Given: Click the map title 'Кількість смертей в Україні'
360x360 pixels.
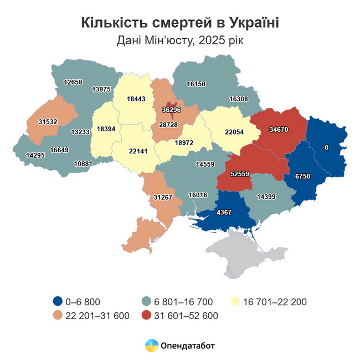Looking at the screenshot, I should coord(180,23).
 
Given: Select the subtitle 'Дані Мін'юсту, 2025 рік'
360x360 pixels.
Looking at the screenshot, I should coord(180,40).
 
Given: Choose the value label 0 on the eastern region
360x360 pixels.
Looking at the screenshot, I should coord(327,148).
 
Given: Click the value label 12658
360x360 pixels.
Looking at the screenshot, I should coord(73,83).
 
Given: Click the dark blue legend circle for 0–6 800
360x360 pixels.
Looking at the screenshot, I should coord(56,302).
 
